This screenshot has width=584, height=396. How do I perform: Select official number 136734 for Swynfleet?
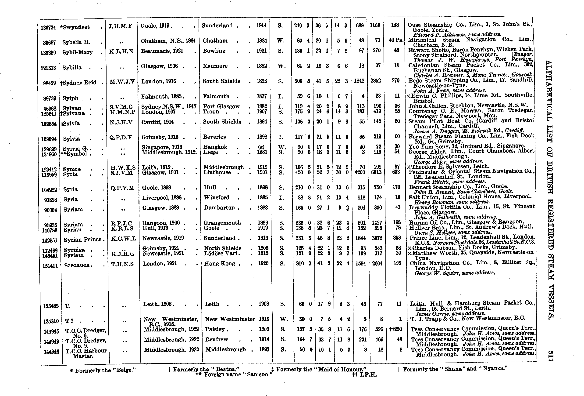[x=48, y=27]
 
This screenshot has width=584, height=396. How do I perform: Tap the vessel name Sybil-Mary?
[x=77, y=52]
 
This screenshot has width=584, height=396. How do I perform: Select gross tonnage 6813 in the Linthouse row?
[x=376, y=172]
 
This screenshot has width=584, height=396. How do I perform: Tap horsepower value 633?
[x=397, y=172]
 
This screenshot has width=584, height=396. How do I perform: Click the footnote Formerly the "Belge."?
[x=103, y=370]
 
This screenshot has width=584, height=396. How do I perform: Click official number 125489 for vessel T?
[x=51, y=306]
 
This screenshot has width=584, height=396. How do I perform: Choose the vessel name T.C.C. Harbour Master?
[x=86, y=353]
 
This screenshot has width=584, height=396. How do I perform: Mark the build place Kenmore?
[x=215, y=66]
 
